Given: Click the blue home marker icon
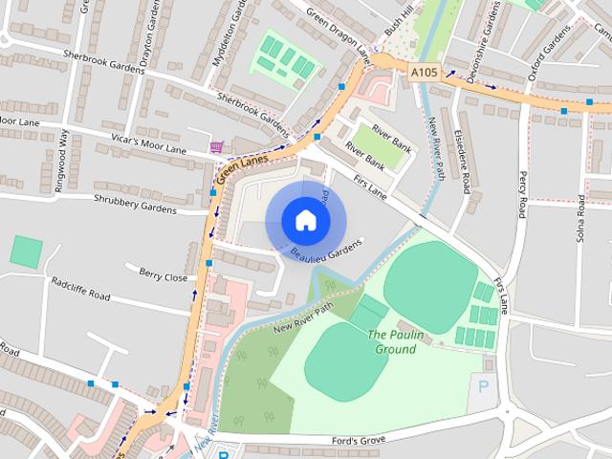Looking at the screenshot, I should click(x=305, y=220).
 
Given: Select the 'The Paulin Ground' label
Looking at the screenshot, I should click(x=392, y=341).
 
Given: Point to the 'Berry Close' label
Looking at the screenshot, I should click(x=163, y=276).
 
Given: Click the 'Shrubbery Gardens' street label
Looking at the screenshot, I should click(x=136, y=204).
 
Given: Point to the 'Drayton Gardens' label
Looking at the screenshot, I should click(x=146, y=29).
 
